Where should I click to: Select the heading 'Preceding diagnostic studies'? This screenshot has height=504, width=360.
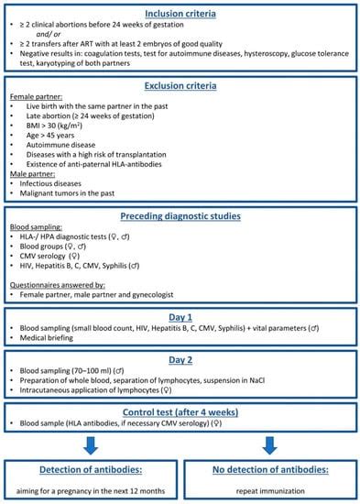coord(180,216)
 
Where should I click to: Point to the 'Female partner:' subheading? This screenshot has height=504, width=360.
coord(36,96)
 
